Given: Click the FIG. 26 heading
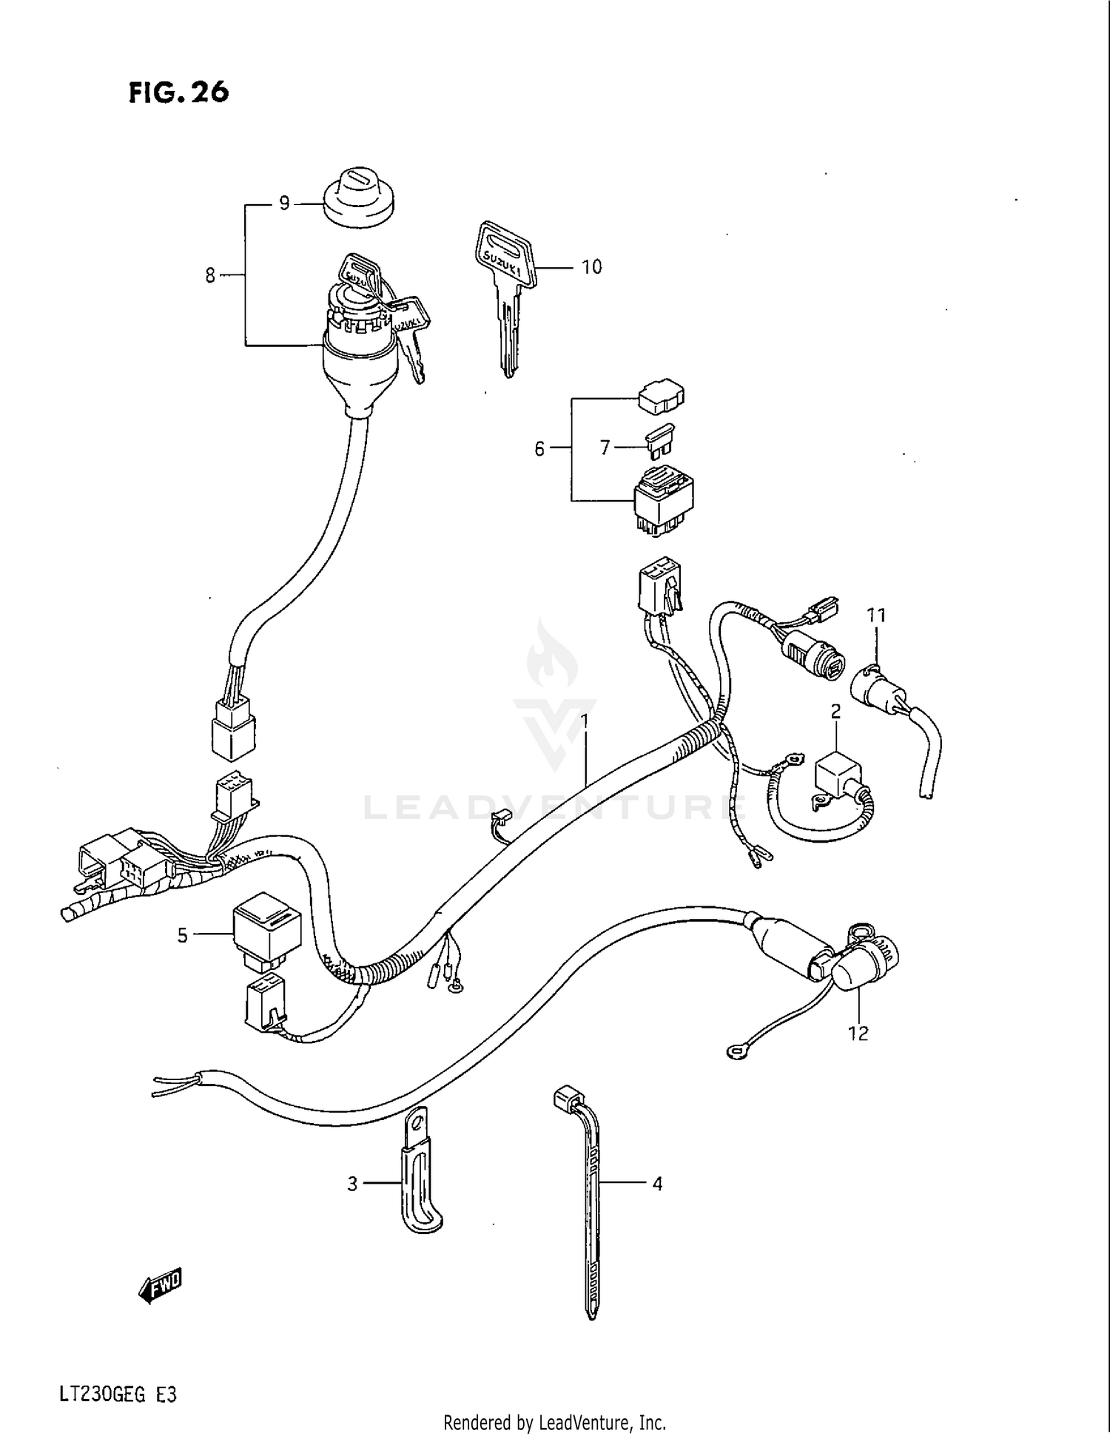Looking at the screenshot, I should tap(178, 92).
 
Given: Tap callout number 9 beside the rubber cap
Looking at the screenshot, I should tap(284, 203).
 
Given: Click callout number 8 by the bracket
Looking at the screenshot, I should tap(211, 276).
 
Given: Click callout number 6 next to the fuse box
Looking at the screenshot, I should tap(539, 448).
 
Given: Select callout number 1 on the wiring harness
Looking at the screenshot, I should tap(584, 720).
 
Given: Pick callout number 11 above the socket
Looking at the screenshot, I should tap(876, 615).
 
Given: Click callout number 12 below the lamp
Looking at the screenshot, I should tap(858, 1034).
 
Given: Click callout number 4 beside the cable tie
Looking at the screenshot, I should tap(657, 1184).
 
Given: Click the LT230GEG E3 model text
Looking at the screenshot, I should tap(118, 1375).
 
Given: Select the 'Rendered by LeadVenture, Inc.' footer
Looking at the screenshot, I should tap(554, 1422).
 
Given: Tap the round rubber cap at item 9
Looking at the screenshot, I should tap(358, 195).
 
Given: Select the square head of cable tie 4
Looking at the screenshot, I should tap(566, 1096).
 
